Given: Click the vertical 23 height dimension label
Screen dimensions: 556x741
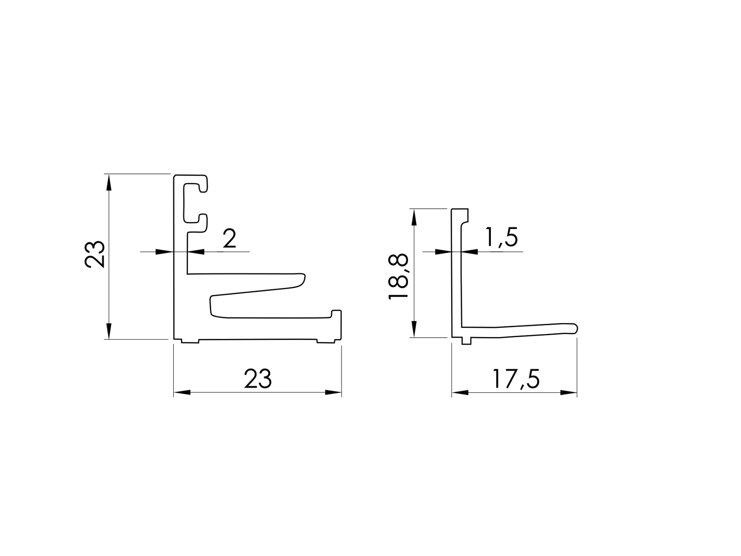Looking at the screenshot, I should pos(95,254).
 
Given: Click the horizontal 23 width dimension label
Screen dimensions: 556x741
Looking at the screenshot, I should pos(258,379).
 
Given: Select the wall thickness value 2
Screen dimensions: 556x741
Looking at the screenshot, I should pos(229,239).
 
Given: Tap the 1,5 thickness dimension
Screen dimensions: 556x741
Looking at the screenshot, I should pos(501,238).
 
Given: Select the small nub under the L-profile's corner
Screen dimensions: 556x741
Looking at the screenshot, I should pos(466,341).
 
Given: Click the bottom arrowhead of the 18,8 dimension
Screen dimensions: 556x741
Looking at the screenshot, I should pos(414,329).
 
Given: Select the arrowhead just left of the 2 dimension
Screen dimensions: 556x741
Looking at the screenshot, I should pos(164,252).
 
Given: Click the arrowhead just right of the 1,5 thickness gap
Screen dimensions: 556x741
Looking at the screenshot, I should pos(470,252).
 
